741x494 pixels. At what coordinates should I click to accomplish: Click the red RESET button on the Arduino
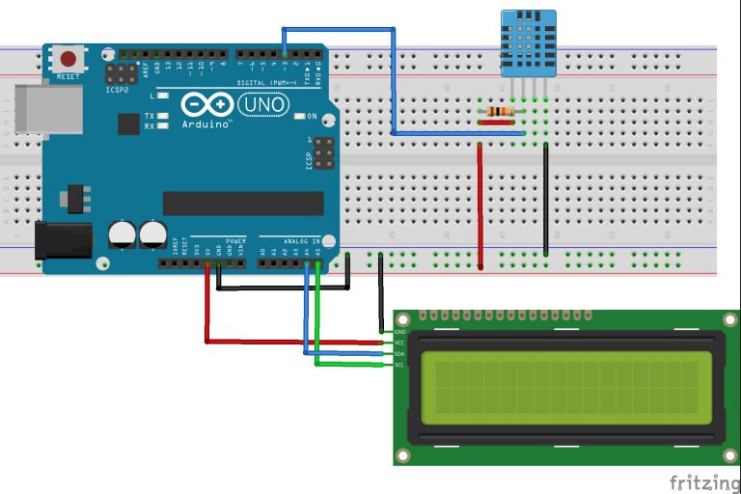[69, 58]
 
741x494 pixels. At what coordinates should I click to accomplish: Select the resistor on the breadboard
[500, 113]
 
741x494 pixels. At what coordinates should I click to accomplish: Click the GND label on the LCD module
[400, 331]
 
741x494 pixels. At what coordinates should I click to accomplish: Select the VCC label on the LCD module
[400, 343]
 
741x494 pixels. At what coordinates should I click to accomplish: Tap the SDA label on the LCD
[400, 354]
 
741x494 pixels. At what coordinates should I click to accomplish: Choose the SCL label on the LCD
[400, 366]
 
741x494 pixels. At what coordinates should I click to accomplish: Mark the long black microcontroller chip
[242, 203]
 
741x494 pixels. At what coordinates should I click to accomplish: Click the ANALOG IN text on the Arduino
[305, 240]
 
